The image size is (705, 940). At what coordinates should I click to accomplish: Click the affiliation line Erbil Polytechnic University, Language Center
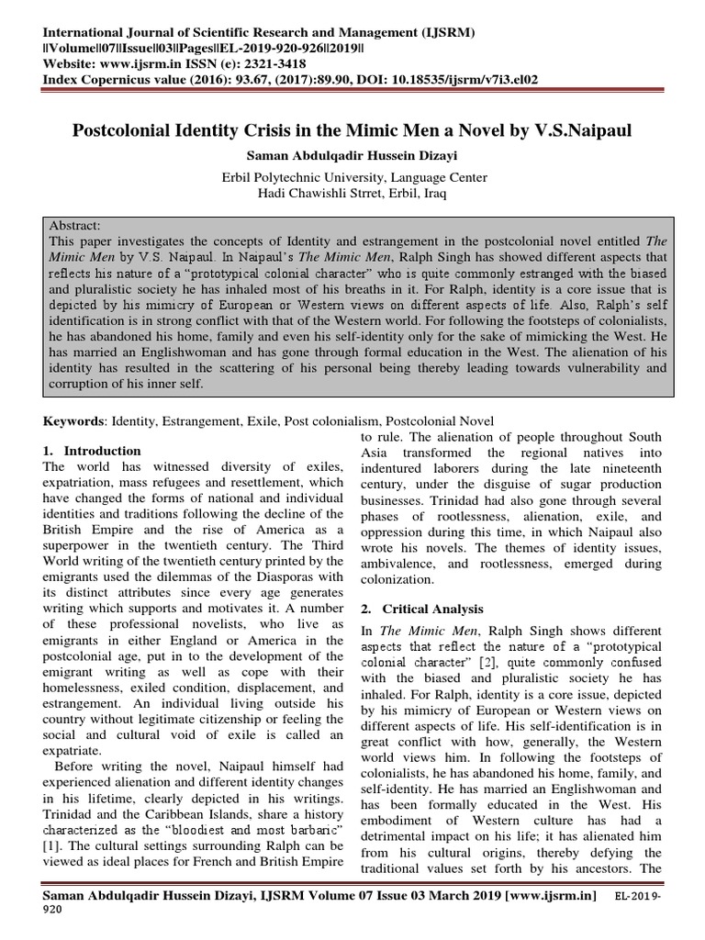point(352,177)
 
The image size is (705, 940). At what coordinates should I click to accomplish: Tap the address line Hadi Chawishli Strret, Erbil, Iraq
point(352,193)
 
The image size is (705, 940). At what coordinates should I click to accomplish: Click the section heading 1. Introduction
point(93,451)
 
